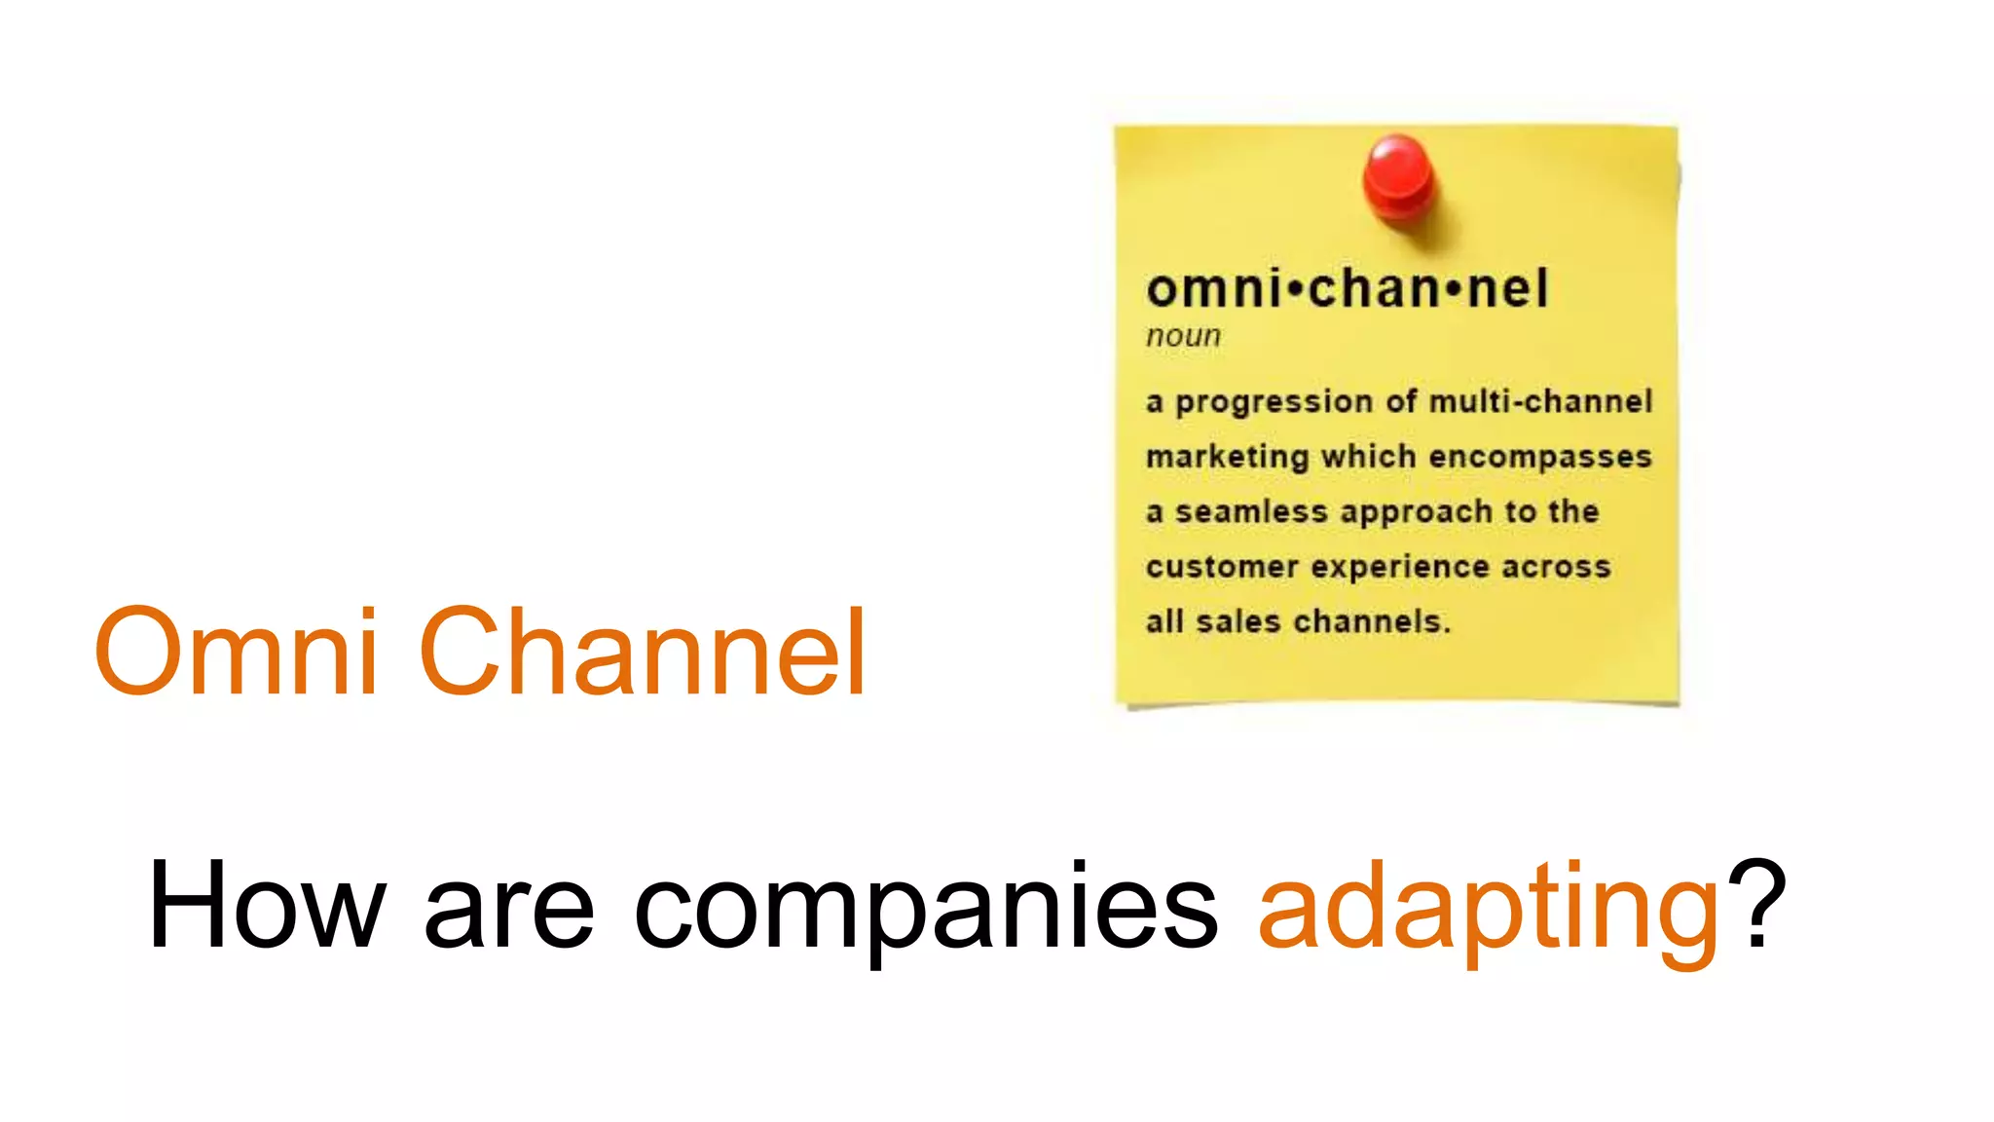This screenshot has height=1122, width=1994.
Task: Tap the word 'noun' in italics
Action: coord(1183,336)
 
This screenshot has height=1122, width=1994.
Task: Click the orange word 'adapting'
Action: coord(1489,906)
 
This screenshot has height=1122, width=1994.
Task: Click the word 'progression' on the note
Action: coord(1274,402)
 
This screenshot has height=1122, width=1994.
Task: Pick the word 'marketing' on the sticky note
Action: coord(1227,457)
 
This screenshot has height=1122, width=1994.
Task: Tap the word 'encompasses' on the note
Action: coord(1540,457)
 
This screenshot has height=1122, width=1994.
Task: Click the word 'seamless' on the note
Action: coord(1251,511)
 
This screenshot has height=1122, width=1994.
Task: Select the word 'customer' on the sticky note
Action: coord(1222,567)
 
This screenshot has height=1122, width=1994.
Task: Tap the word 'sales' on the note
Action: coord(1237,621)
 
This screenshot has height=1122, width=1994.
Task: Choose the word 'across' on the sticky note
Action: coord(1556,567)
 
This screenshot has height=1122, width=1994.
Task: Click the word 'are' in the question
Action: coord(509,910)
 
